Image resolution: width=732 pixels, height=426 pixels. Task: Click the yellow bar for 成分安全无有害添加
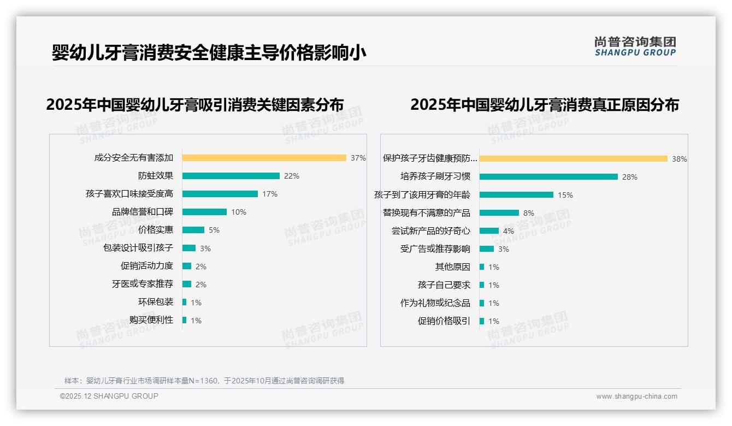(264, 158)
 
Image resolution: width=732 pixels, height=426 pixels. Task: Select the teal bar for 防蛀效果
(231, 176)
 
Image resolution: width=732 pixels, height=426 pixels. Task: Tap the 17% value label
(270, 194)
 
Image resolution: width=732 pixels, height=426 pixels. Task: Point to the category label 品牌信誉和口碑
(143, 212)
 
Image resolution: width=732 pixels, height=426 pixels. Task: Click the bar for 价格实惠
(193, 230)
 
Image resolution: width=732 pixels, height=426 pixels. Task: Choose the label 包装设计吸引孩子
(138, 248)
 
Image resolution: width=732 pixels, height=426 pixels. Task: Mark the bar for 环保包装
(184, 302)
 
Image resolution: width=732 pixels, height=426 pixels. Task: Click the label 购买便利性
(151, 320)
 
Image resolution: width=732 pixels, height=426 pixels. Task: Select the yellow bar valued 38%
(573, 159)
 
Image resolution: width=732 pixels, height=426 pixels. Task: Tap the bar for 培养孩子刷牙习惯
(548, 177)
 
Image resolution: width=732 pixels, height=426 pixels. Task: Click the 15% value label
(565, 195)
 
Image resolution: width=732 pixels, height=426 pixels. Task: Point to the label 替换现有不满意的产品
(427, 213)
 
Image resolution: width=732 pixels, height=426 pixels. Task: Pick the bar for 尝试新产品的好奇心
(489, 231)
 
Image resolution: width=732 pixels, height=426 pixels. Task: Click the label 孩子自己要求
(444, 285)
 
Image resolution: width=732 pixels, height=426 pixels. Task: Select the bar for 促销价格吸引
(482, 321)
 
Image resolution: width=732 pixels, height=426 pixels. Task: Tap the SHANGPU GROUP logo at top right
(635, 46)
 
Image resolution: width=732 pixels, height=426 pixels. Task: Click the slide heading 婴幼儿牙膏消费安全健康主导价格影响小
(209, 53)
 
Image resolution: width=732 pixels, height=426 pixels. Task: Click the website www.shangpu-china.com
(636, 397)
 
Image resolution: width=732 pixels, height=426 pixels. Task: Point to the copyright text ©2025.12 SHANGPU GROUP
(109, 396)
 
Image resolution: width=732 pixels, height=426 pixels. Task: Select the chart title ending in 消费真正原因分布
(544, 105)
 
